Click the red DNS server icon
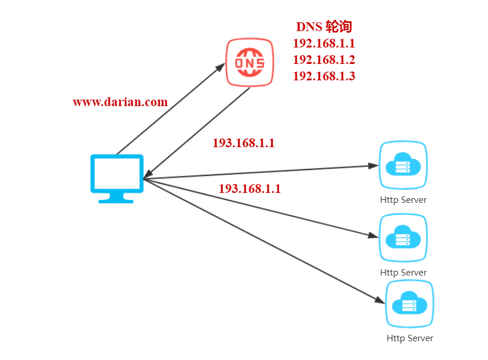coord(249,62)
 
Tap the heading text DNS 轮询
coord(323,27)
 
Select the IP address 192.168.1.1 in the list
coord(324,43)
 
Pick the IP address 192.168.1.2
coord(324,60)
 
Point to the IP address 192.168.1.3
coord(324,76)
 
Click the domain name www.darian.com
coord(120,102)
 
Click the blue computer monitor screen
coord(117,174)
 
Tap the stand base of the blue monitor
coord(116,199)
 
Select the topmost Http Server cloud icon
coord(403,165)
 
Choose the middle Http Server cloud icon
coord(403,238)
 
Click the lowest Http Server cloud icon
coord(409,304)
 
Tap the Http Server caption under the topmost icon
coord(403,200)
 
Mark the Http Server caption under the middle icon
coord(403,273)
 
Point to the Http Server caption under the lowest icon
coord(409,338)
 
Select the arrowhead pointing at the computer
coord(148,174)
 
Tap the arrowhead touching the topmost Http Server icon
coord(373,166)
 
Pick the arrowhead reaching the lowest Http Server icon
coord(379,300)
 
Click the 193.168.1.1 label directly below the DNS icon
coord(243,143)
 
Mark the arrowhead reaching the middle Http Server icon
coord(373,236)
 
